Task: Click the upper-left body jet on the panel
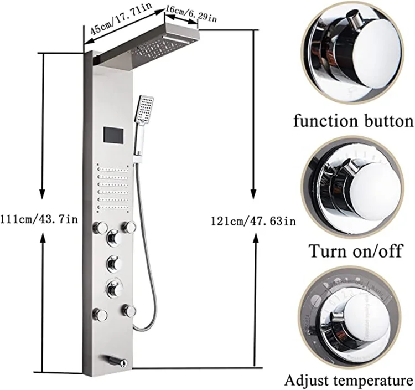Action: [101, 227]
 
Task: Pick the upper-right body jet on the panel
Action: [130, 227]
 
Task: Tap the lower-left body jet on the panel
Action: [101, 315]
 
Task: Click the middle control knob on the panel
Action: [115, 262]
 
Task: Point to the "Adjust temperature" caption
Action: [349, 381]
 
